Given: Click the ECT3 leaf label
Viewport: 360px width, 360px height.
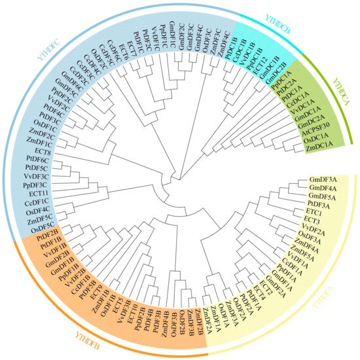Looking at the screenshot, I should tap(311, 221).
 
